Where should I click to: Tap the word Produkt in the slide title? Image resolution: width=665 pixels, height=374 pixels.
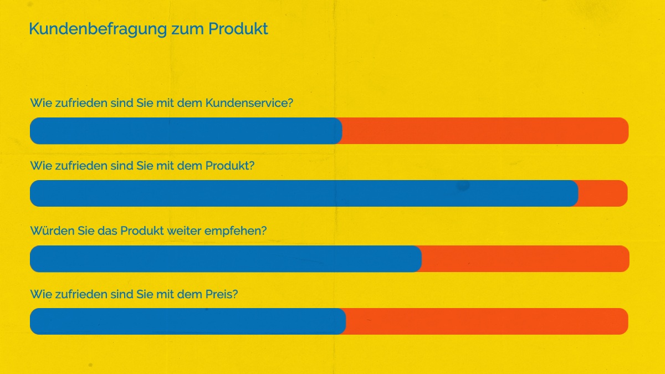[x=238, y=29]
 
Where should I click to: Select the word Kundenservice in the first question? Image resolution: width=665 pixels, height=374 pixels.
[x=249, y=103]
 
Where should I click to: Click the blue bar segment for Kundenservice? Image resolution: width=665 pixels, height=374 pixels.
[x=186, y=131]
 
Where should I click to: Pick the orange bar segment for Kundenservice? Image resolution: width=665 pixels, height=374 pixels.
[x=485, y=131]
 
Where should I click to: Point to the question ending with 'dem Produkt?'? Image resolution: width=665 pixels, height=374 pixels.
[x=142, y=166]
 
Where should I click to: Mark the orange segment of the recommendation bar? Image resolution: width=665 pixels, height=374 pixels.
[x=525, y=259]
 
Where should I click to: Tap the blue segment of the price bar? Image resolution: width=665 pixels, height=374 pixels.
[x=187, y=321]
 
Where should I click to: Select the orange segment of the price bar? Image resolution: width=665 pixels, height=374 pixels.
[x=487, y=321]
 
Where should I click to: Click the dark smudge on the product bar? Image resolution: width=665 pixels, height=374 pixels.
[x=463, y=186]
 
